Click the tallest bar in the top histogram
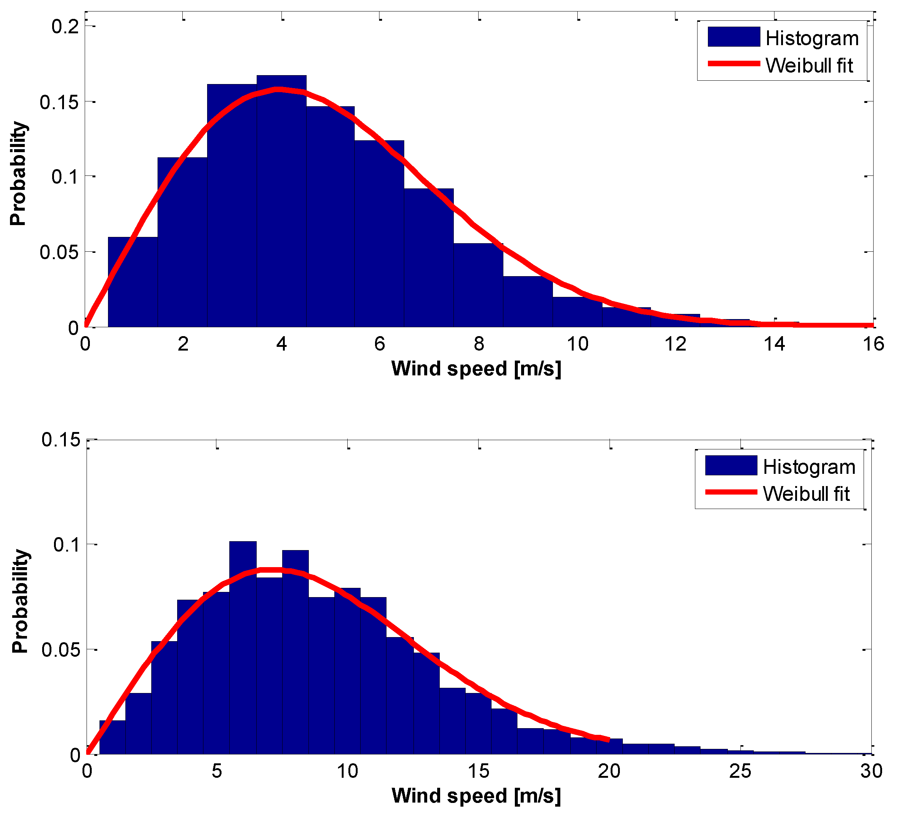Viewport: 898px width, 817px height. [x=281, y=201]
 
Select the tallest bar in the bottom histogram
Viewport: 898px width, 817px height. [x=243, y=646]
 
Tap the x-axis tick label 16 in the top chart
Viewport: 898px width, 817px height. [x=874, y=344]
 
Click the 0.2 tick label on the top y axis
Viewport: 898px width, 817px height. [x=65, y=27]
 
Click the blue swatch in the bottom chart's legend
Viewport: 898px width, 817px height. [x=731, y=465]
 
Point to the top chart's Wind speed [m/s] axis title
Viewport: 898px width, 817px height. [x=476, y=369]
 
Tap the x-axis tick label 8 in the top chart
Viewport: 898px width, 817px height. [x=479, y=344]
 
